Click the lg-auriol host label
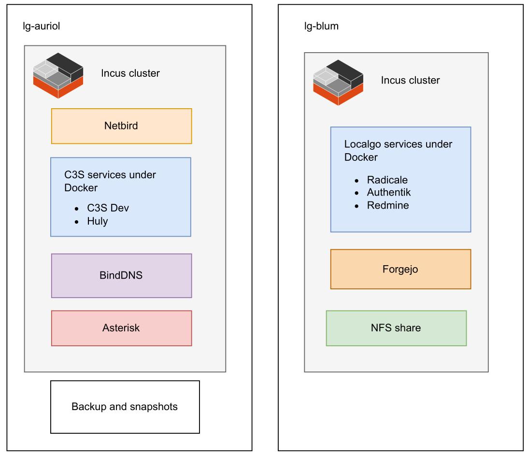[x=42, y=26]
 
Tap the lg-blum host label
[x=321, y=26]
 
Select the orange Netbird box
[x=121, y=126]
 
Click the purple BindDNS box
[x=121, y=275]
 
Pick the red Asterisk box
[x=121, y=328]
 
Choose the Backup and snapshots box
[x=125, y=407]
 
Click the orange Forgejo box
[x=400, y=269]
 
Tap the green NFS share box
[x=396, y=328]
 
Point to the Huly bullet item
[x=98, y=221]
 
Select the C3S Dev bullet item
[x=108, y=208]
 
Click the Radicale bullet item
[x=387, y=180]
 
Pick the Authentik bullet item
[x=389, y=192]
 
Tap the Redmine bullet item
[x=388, y=205]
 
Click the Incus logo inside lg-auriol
[x=58, y=75]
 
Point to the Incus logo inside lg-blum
[x=338, y=83]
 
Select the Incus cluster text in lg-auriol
[x=130, y=73]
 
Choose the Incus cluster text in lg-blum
[x=411, y=80]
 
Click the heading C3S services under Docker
[x=110, y=181]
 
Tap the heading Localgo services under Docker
[x=398, y=150]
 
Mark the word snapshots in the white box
[x=153, y=407]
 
